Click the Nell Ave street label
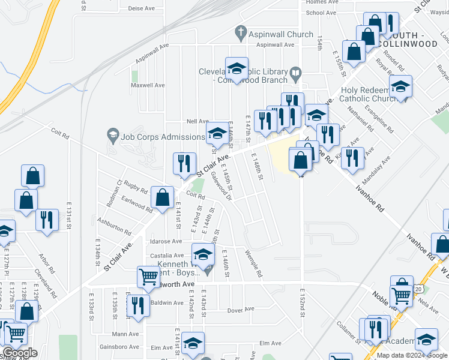pos(197,121)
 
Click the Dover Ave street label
pos(242,310)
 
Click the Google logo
pos(20,353)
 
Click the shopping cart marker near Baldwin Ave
pos(148,277)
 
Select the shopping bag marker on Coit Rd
pos(163,197)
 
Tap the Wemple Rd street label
pos(254,265)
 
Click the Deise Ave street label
pos(140,8)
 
